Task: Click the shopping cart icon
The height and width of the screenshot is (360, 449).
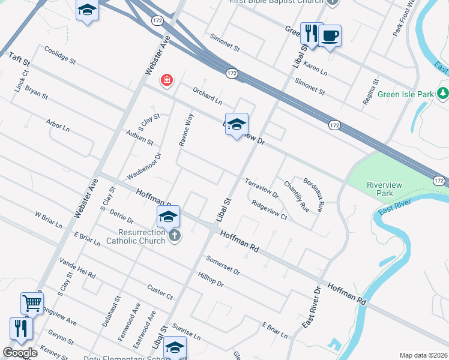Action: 32,303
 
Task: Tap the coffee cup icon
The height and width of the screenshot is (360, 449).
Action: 330,35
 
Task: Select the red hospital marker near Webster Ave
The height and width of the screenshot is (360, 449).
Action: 166,80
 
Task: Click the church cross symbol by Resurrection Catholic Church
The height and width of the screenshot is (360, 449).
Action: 174,235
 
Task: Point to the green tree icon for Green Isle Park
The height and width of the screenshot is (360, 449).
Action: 443,94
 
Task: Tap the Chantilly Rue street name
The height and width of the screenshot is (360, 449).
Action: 297,196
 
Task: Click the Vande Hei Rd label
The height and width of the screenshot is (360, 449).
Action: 77,268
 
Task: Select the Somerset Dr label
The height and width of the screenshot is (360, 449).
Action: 223,266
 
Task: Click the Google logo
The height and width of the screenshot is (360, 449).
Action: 20,352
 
